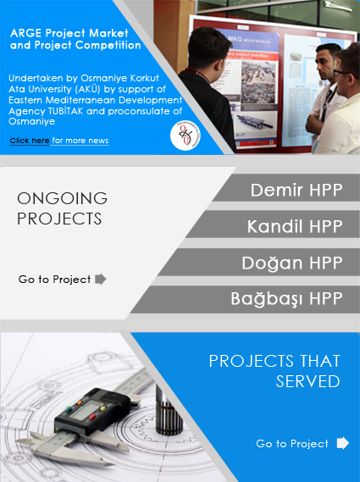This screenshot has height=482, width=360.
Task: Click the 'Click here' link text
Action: coord(30,141)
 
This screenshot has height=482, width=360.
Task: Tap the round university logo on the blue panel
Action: coord(186,136)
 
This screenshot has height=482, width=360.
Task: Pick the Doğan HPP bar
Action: coord(259,263)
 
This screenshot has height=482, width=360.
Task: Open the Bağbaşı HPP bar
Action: coord(246,300)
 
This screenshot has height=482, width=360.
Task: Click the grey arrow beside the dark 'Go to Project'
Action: coord(101,279)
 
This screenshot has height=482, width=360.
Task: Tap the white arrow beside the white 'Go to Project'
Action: coord(343,443)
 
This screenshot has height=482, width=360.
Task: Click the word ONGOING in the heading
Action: coord(62,198)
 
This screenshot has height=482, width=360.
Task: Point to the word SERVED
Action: coord(307,381)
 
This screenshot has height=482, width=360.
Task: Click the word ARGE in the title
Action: coord(26,33)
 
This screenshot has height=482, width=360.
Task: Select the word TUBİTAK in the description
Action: coord(65,111)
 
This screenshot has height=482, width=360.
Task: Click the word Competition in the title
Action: coord(108,45)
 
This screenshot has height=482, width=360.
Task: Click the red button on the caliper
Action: coord(92,417)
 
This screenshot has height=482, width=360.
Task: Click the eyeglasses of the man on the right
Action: coord(343,74)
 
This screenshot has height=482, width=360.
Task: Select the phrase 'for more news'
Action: coord(80,141)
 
